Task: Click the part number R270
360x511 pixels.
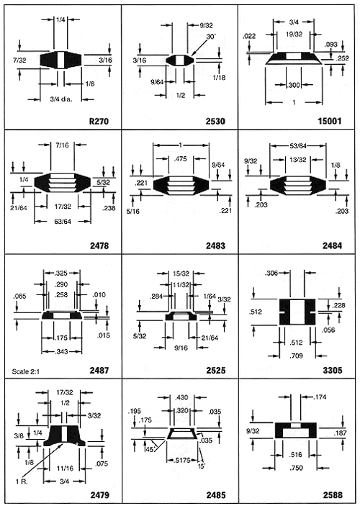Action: pyautogui.click(x=99, y=121)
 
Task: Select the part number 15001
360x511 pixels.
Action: pyautogui.click(x=330, y=121)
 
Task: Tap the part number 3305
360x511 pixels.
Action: pyautogui.click(x=333, y=370)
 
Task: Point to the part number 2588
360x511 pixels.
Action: pyautogui.click(x=333, y=495)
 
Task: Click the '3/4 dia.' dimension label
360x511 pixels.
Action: pyautogui.click(x=61, y=99)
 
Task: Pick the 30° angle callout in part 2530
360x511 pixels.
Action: pyautogui.click(x=211, y=37)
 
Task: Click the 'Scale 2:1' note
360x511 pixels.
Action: pyautogui.click(x=25, y=371)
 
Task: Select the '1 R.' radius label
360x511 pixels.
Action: pyautogui.click(x=21, y=481)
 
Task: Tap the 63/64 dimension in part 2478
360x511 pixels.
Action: pyautogui.click(x=63, y=222)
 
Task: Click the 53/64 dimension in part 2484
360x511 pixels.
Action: pyautogui.click(x=298, y=145)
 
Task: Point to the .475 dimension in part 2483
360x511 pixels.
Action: pyautogui.click(x=180, y=159)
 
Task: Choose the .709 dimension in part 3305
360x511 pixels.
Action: pyautogui.click(x=297, y=356)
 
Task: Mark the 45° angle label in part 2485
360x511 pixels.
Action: pyautogui.click(x=149, y=449)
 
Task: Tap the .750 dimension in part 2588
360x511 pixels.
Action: pyautogui.click(x=296, y=468)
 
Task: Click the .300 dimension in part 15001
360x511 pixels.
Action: pyautogui.click(x=294, y=86)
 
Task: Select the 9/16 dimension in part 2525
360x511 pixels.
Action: pyautogui.click(x=181, y=348)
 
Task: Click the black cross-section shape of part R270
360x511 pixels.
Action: pyautogui.click(x=62, y=60)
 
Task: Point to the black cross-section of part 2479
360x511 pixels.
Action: pyautogui.click(x=64, y=435)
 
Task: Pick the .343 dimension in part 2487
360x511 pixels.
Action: pyautogui.click(x=61, y=351)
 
